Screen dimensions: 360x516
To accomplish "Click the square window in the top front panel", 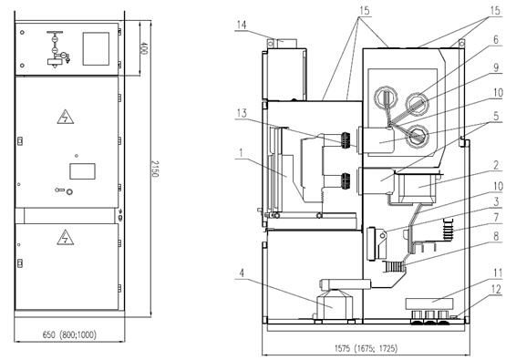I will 94,46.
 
